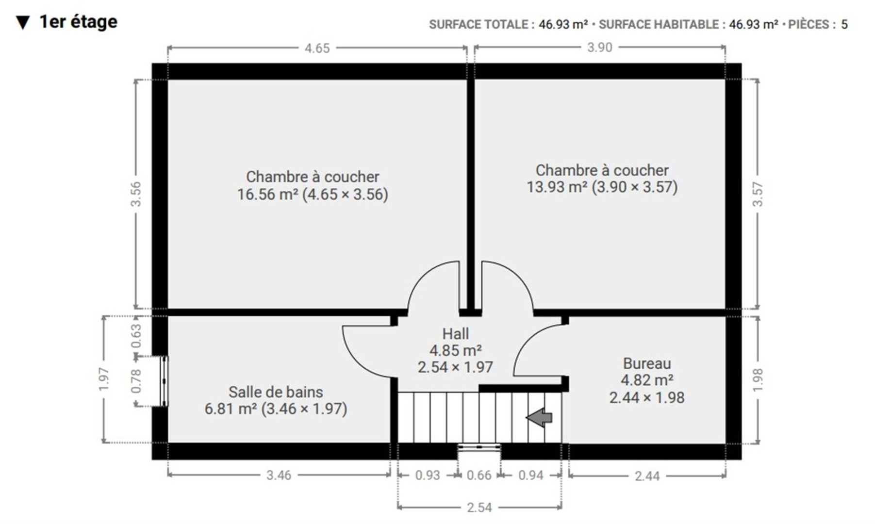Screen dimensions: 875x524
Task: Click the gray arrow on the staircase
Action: click(539, 417)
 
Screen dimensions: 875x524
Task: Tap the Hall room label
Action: click(455, 334)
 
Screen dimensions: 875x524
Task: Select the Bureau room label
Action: click(647, 363)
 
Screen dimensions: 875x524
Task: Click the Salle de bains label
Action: click(276, 392)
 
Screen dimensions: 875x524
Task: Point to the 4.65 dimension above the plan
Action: click(317, 48)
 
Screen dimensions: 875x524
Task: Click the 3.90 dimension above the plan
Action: click(600, 48)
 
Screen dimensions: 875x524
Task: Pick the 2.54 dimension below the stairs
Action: click(479, 508)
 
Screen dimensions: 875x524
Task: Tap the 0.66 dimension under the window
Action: click(479, 475)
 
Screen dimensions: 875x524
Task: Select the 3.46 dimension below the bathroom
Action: click(279, 475)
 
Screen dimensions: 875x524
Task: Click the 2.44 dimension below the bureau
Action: click(647, 476)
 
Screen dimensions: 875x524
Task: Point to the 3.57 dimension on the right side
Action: click(758, 194)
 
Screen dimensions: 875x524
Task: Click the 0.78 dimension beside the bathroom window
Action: click(136, 381)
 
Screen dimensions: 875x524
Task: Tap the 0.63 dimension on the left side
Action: click(136, 336)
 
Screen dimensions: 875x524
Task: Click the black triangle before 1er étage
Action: click(23, 22)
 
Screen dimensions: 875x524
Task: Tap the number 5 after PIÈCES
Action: click(844, 24)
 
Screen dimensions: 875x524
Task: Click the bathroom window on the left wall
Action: click(165, 381)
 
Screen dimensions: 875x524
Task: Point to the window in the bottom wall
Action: click(479, 447)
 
